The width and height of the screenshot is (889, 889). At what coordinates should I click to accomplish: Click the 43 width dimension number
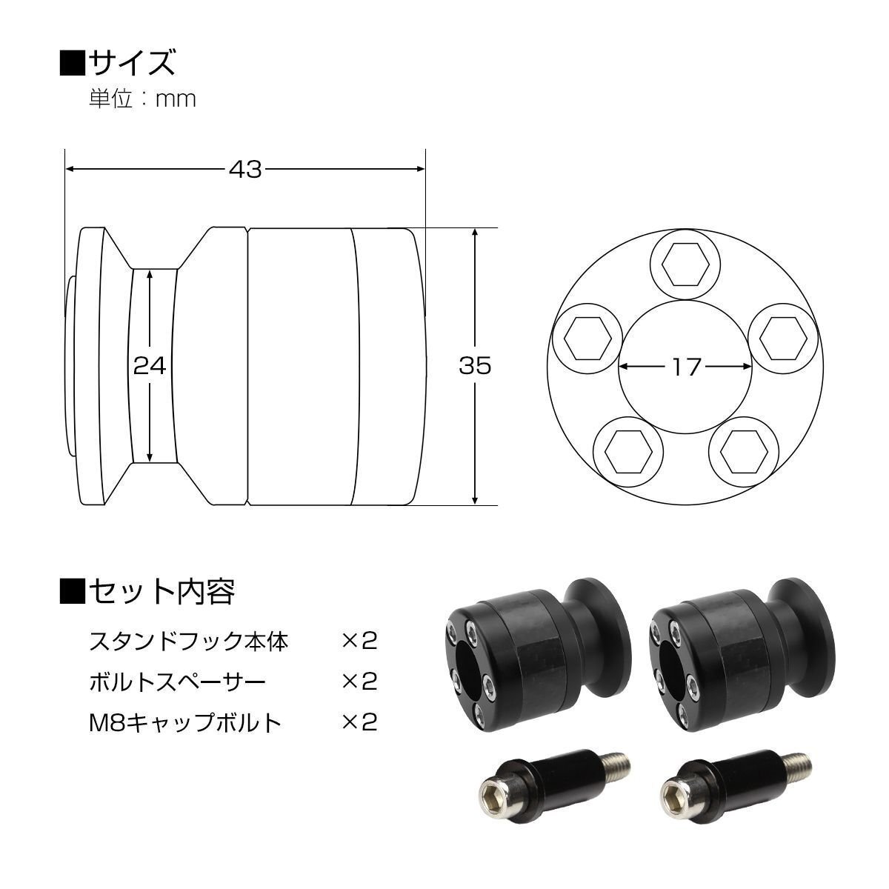[245, 170]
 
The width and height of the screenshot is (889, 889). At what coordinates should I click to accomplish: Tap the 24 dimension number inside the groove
[150, 366]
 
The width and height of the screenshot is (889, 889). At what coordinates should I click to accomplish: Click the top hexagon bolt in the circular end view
[685, 264]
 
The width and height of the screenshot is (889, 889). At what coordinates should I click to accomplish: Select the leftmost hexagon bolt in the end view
[587, 338]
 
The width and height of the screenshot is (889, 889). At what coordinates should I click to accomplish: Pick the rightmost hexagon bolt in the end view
[783, 338]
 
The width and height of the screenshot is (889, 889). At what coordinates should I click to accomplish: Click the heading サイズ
[132, 63]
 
